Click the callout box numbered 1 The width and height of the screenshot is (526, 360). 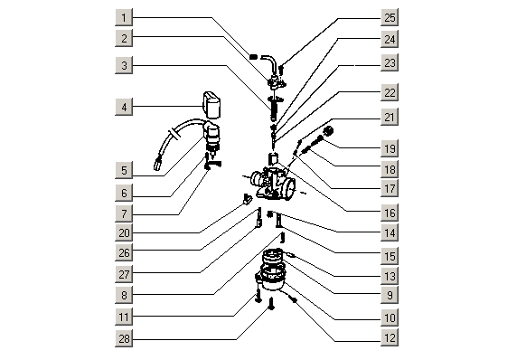click(x=124, y=17)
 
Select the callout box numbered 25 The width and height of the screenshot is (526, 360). click(x=390, y=17)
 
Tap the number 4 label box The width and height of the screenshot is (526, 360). click(x=124, y=107)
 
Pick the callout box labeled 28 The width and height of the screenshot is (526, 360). click(x=124, y=338)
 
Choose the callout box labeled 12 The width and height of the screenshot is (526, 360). click(x=390, y=337)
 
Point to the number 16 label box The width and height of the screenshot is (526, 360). click(x=390, y=213)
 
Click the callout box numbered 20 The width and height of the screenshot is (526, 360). click(x=124, y=232)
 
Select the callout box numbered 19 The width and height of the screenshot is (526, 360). click(x=390, y=148)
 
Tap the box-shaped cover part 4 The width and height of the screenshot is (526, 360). click(x=211, y=104)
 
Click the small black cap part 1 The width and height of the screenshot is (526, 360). click(x=254, y=56)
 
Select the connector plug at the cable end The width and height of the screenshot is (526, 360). click(x=157, y=165)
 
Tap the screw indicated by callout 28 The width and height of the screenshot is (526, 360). click(x=271, y=303)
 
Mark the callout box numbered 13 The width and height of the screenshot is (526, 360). click(x=390, y=276)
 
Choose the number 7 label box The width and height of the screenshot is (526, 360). click(x=124, y=213)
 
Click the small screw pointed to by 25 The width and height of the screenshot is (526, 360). click(x=281, y=70)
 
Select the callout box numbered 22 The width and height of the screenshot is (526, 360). click(x=390, y=92)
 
